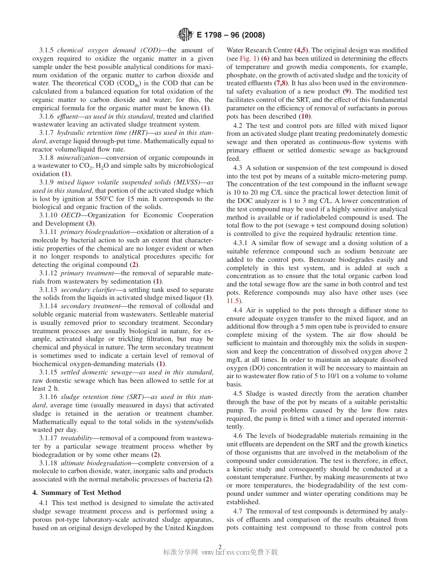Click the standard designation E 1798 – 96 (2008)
point(231,35)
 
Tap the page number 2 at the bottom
point(220,546)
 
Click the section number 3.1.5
point(46,50)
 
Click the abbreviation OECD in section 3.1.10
point(71,215)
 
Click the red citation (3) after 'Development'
point(91,223)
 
